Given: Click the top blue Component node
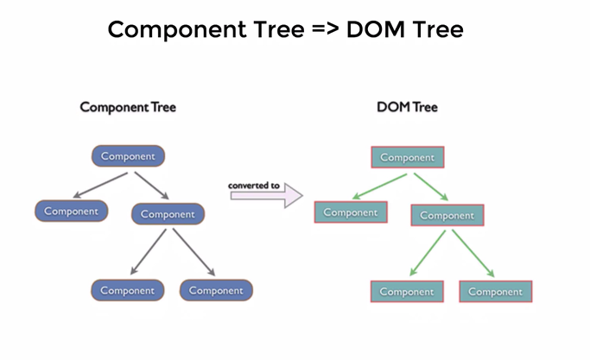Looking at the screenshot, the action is [x=129, y=156].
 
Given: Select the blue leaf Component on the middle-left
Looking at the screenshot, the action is [x=72, y=211].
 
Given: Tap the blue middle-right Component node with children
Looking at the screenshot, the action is [x=168, y=214].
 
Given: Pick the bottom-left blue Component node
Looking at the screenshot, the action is [x=128, y=290].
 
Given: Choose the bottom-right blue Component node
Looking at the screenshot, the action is [x=216, y=290].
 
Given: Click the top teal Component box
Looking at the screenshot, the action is [x=408, y=157].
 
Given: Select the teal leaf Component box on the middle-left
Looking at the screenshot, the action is [x=351, y=212].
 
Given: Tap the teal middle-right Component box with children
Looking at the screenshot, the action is [x=447, y=215].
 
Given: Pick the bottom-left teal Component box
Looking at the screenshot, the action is [x=407, y=292].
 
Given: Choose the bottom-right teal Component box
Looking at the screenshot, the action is [x=496, y=292].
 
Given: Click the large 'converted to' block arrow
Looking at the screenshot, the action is [x=266, y=196].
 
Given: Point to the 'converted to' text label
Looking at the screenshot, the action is [x=254, y=186].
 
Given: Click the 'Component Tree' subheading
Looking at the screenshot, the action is [x=128, y=107].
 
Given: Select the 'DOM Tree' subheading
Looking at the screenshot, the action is [x=407, y=107].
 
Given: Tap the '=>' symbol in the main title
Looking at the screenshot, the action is [x=326, y=29].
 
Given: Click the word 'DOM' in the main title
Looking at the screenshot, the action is [x=376, y=29].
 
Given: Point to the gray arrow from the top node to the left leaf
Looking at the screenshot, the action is [x=100, y=185].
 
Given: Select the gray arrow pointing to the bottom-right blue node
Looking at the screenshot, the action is [x=194, y=252].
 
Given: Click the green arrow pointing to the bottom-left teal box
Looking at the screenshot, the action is [x=428, y=253].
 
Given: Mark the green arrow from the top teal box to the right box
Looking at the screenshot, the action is [x=431, y=186].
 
